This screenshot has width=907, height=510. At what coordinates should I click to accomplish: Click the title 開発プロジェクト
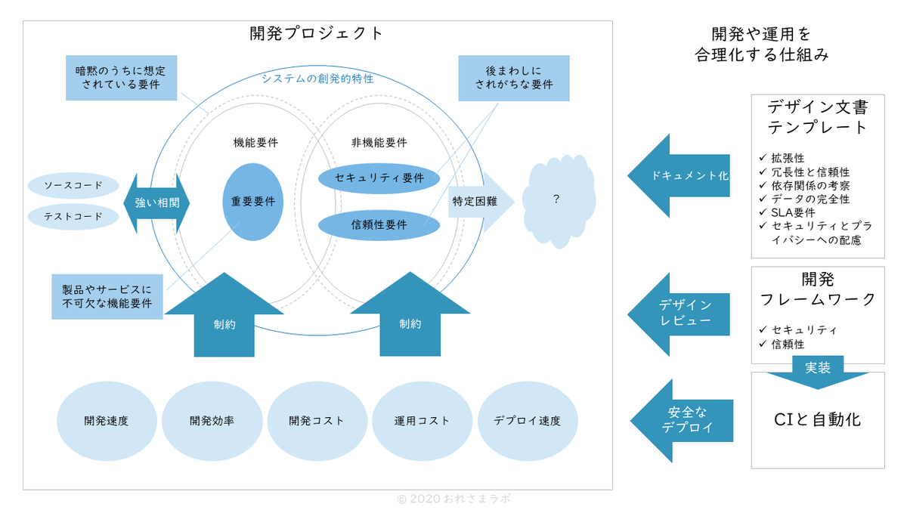(x=317, y=33)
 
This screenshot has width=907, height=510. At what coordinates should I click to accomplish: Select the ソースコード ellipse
(x=73, y=186)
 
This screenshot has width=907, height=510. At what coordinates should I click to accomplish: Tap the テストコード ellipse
(x=73, y=217)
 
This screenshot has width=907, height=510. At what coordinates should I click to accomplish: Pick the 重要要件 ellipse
(x=253, y=202)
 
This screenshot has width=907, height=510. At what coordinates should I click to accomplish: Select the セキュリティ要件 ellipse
(x=379, y=178)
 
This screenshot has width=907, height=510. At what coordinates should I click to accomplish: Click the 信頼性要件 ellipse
(x=379, y=225)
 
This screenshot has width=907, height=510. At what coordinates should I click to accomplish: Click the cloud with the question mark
(x=556, y=200)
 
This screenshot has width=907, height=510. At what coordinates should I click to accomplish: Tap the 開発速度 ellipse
(x=107, y=421)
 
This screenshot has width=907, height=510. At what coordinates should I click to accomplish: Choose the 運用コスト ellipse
(x=422, y=421)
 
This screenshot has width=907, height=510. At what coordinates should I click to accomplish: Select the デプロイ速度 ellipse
(x=528, y=421)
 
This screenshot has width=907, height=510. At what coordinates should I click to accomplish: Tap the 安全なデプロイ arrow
(x=680, y=420)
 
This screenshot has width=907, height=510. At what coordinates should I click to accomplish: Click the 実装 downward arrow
(x=817, y=371)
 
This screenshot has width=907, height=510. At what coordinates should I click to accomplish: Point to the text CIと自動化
(x=817, y=420)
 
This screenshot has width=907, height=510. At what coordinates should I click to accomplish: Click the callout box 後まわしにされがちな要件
(x=514, y=78)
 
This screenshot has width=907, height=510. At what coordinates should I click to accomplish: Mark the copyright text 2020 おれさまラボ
(x=458, y=499)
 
